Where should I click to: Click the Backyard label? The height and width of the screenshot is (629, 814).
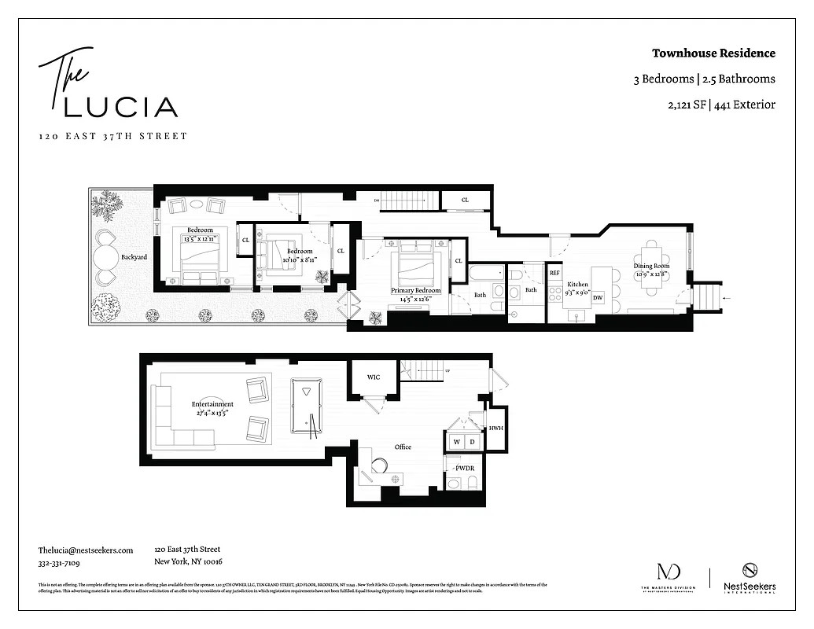pyautogui.click(x=134, y=257)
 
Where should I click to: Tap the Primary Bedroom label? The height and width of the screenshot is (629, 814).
pyautogui.click(x=416, y=290)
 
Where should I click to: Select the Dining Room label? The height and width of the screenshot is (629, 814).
pyautogui.click(x=652, y=267)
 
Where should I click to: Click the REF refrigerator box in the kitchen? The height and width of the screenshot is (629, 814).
pyautogui.click(x=554, y=273)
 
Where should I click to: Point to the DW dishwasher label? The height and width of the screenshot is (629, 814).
pyautogui.click(x=598, y=297)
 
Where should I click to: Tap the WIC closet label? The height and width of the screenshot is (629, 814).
pyautogui.click(x=374, y=377)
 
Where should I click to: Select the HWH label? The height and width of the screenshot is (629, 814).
pyautogui.click(x=495, y=429)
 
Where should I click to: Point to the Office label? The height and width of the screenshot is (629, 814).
pyautogui.click(x=403, y=447)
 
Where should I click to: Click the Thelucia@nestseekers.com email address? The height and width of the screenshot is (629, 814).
pyautogui.click(x=86, y=550)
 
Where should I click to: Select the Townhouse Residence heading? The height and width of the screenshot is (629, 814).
pyautogui.click(x=713, y=53)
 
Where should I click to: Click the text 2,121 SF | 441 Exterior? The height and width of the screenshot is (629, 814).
pyautogui.click(x=716, y=104)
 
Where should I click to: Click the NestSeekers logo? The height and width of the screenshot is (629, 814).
pyautogui.click(x=750, y=579)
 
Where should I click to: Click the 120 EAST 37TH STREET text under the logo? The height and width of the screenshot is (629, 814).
pyautogui.click(x=113, y=136)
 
